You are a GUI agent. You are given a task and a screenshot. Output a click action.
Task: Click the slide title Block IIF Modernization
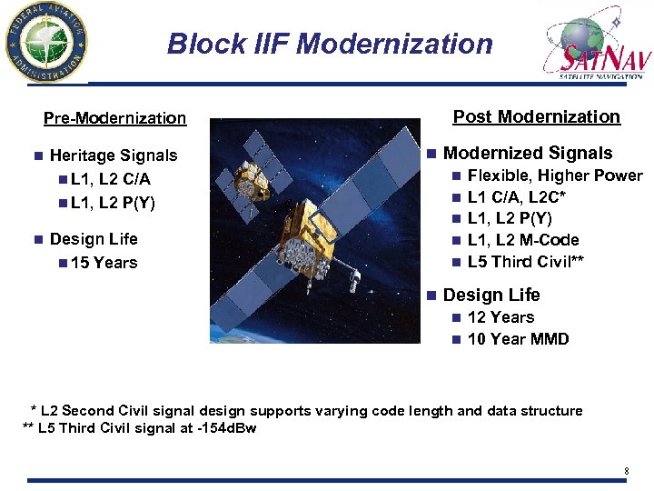330,44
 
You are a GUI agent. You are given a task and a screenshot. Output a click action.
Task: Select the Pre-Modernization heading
114,118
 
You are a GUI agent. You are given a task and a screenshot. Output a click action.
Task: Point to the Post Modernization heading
536,116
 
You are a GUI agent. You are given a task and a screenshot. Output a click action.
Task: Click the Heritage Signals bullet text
114,155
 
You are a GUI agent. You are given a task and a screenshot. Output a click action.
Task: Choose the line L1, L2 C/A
110,179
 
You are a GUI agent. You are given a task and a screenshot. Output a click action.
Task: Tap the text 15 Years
103,263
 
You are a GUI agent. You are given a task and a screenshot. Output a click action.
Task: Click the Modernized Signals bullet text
527,154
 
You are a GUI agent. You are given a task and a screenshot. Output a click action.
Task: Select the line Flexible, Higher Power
554,175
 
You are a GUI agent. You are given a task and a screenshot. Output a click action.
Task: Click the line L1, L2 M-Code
523,240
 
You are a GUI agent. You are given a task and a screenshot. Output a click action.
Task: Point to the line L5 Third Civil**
525,262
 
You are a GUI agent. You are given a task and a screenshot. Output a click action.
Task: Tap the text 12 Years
500,317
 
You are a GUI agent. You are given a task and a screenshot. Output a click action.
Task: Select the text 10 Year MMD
518,339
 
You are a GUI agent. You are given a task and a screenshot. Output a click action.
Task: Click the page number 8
626,470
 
